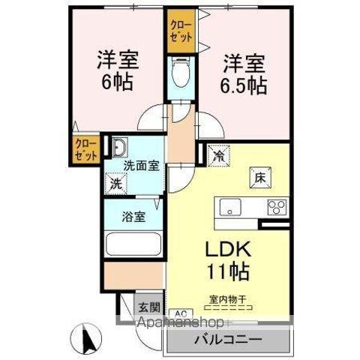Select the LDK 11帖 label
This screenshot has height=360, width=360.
pos(223,259)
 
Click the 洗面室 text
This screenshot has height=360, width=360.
pos(141,166)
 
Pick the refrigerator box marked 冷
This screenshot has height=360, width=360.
pos(219,156)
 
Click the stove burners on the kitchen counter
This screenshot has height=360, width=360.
pos(277,206)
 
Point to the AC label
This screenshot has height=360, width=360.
pos(180,313)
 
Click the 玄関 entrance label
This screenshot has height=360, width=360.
pos(148,307)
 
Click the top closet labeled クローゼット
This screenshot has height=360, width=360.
pos(181,34)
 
